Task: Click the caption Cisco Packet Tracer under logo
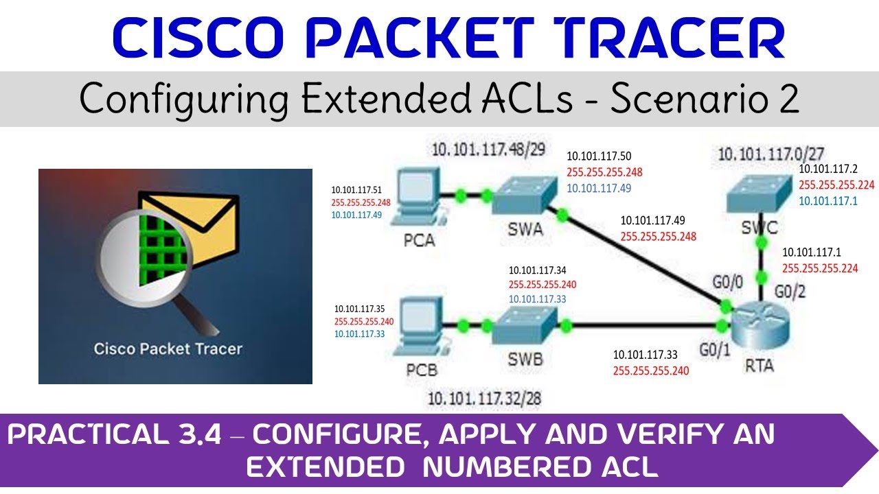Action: (168, 349)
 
